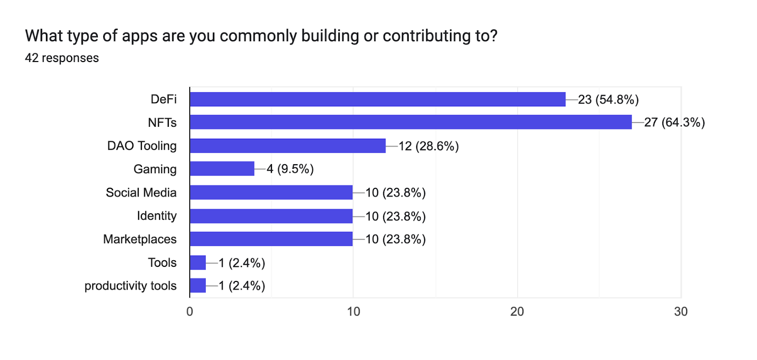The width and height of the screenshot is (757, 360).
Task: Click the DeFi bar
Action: coord(378,99)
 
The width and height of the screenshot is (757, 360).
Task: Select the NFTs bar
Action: coord(411,122)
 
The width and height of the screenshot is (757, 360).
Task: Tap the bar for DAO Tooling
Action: coord(288,146)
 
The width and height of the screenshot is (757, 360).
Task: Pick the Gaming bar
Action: coord(222,169)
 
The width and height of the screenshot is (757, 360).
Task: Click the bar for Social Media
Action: coord(271,193)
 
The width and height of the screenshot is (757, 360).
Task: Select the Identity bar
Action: coord(271,216)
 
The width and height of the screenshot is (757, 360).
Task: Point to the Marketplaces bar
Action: coord(271,239)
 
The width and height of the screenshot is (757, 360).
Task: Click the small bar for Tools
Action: coord(198,263)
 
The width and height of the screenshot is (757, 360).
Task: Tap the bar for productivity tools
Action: coord(198,286)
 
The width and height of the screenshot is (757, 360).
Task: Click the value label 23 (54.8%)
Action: coord(608,99)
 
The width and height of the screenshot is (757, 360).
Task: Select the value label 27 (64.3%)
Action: coord(674,123)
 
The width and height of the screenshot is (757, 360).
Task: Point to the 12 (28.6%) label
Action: coord(428,146)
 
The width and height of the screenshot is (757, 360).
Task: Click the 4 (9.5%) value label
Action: coord(290,169)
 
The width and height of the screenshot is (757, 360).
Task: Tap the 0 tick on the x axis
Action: coord(190,311)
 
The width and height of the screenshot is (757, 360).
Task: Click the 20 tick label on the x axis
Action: coord(517,311)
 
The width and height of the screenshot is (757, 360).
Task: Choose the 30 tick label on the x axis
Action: coord(681,311)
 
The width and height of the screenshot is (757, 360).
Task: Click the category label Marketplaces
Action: coord(140,239)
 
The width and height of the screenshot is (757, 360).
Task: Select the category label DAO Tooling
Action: coord(142,146)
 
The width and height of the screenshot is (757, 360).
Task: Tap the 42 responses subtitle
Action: coord(62,58)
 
